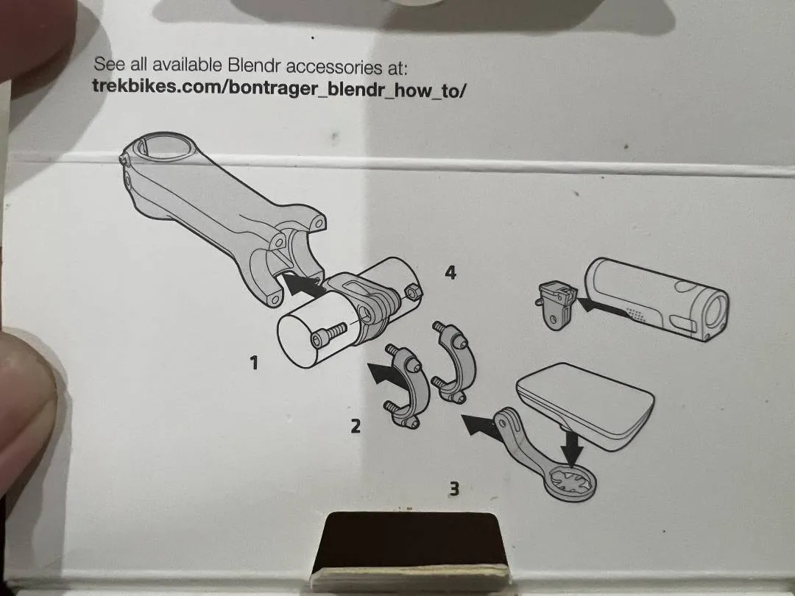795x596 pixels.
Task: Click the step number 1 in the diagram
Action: pyautogui.click(x=254, y=362)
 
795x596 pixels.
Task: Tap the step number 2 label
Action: pyautogui.click(x=356, y=426)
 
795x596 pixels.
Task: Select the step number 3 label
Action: pyautogui.click(x=454, y=489)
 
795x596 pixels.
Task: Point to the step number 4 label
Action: pyautogui.click(x=451, y=273)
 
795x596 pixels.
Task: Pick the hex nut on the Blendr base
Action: pyautogui.click(x=413, y=292)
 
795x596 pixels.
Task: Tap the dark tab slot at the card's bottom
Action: pyautogui.click(x=410, y=542)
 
